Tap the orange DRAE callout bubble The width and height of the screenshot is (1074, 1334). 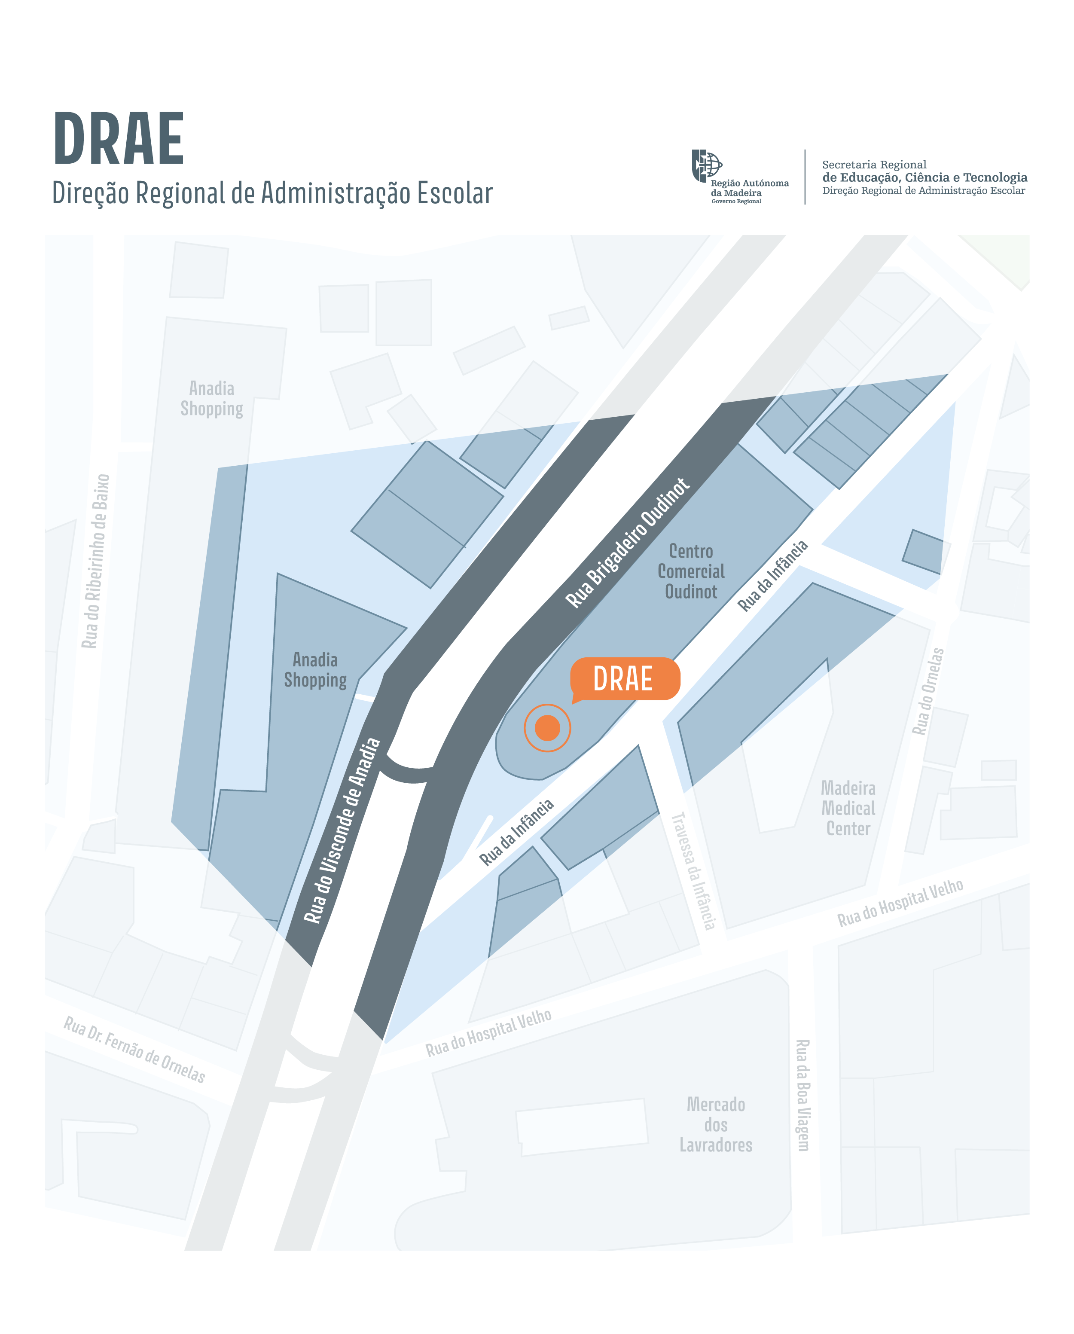[624, 679]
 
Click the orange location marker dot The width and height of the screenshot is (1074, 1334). [547, 728]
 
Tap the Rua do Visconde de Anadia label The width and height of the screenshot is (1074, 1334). [342, 831]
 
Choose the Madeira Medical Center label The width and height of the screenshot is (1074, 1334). [848, 808]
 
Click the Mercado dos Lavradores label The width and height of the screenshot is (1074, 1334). [716, 1124]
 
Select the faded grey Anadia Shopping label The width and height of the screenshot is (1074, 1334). [212, 398]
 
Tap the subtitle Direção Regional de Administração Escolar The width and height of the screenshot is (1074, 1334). [272, 193]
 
